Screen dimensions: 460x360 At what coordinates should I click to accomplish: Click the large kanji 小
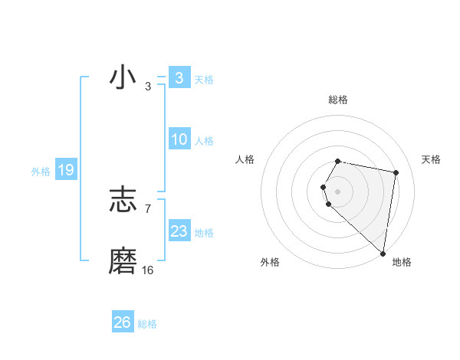click(123, 78)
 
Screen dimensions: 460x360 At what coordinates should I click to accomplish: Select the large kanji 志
click(123, 200)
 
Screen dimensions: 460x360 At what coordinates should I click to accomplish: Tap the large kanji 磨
click(123, 261)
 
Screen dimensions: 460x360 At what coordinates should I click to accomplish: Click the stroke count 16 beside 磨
click(148, 270)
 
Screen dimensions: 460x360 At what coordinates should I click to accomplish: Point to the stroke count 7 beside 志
click(148, 208)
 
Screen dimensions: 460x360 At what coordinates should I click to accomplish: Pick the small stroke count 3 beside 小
click(148, 87)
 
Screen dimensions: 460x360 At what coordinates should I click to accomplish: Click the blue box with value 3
click(179, 77)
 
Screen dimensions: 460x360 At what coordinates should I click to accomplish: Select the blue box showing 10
click(179, 139)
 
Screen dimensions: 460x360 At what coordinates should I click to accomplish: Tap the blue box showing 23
click(179, 231)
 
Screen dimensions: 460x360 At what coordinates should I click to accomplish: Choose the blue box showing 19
click(65, 170)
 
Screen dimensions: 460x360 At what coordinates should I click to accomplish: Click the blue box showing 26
click(122, 322)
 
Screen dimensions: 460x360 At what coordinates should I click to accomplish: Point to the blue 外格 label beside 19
click(41, 172)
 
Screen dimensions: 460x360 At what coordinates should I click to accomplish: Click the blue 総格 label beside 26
click(147, 324)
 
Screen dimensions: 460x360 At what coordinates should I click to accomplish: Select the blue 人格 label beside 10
click(204, 141)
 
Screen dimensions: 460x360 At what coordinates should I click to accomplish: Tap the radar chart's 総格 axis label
click(338, 100)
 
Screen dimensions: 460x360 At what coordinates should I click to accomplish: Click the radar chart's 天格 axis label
click(432, 159)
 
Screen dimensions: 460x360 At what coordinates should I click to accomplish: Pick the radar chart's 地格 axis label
click(402, 262)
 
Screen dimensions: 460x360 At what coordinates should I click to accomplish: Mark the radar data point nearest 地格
click(383, 253)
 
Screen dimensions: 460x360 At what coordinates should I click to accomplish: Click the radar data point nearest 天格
click(396, 172)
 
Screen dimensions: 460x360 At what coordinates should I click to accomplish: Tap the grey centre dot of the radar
click(338, 191)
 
